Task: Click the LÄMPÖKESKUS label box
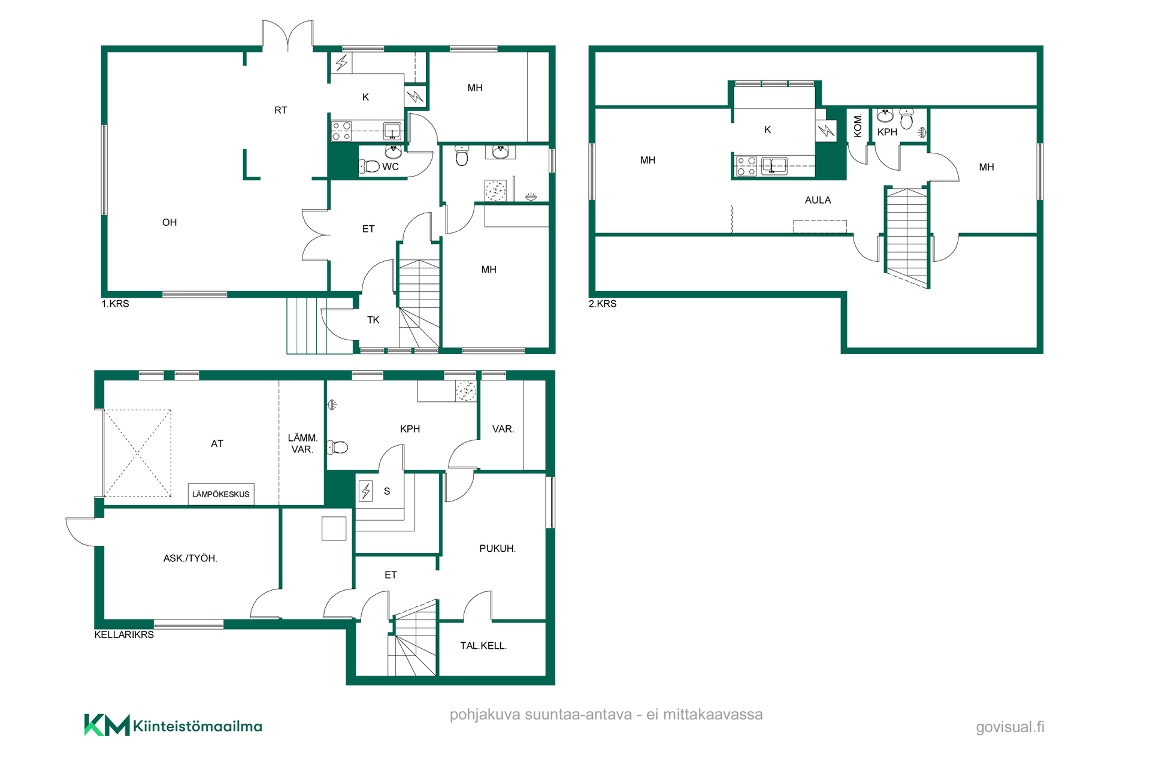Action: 221,494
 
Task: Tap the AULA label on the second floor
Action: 818,200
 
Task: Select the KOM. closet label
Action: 858,126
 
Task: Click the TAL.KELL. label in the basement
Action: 483,646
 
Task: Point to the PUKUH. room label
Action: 497,549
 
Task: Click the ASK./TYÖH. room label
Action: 190,558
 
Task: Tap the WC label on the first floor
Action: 391,167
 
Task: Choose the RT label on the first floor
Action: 280,110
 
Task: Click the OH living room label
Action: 170,222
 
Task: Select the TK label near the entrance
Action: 373,320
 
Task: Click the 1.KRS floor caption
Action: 115,304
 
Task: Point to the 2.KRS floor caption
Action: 603,304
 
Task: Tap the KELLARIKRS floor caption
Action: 124,634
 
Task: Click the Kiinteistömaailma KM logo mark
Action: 107,725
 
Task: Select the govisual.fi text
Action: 1010,727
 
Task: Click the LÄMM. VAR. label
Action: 302,444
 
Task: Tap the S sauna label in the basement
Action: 387,491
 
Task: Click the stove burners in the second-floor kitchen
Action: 746,166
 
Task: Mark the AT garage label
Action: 217,444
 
